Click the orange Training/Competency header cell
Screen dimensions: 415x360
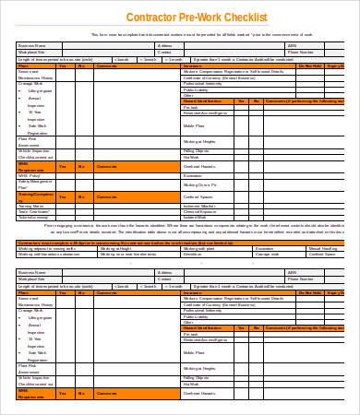pyautogui.click(x=34, y=196)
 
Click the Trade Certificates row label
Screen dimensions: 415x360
pyautogui.click(x=33, y=211)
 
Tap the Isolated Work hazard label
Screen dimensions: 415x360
pyautogui.click(x=197, y=217)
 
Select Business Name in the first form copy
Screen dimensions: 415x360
pyautogui.click(x=33, y=44)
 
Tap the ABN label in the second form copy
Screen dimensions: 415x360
pyautogui.click(x=292, y=273)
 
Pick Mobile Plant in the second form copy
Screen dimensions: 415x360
pyautogui.click(x=194, y=352)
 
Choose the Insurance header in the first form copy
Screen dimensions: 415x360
pyautogui.click(x=193, y=66)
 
